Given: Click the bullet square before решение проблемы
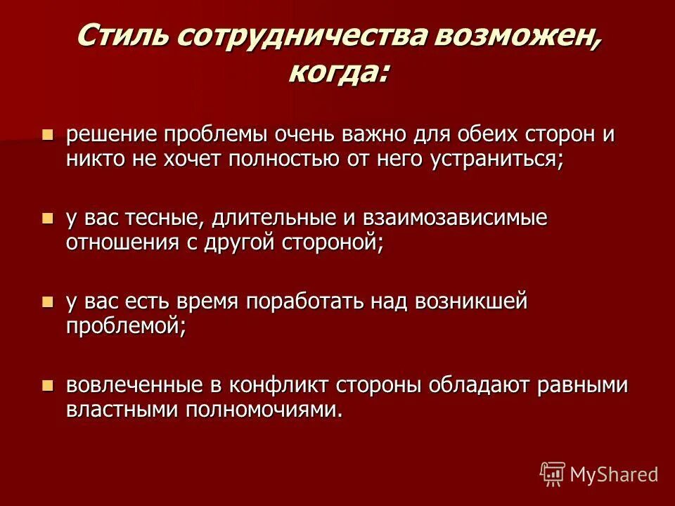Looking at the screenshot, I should [48, 134].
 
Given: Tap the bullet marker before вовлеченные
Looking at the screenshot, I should [48, 385].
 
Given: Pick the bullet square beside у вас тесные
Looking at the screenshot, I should [48, 218].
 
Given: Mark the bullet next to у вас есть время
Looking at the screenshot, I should [48, 302].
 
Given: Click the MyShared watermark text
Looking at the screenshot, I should [614, 474].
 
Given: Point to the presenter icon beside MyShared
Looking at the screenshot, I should [553, 474].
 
